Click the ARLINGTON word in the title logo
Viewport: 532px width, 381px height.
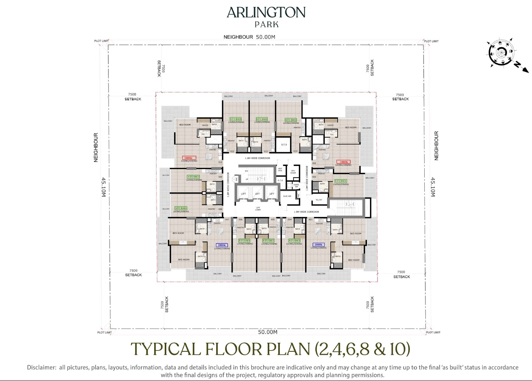pyautogui.click(x=266, y=12)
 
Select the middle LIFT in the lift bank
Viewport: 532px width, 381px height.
pyautogui.click(x=257, y=194)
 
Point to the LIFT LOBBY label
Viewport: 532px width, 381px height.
pyautogui.click(x=258, y=209)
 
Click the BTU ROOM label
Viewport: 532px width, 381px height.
pyautogui.click(x=293, y=172)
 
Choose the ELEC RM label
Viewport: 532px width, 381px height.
pyautogui.click(x=287, y=196)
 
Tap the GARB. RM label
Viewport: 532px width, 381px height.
pyautogui.click(x=296, y=186)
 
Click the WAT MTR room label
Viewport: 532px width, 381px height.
pyautogui.click(x=280, y=170)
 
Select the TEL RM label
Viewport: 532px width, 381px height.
pyautogui.click(x=319, y=200)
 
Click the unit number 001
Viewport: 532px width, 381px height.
pyautogui.click(x=314, y=163)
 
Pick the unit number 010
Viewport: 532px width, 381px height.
pyautogui.click(x=220, y=162)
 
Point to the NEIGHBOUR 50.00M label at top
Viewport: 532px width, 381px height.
pyautogui.click(x=249, y=37)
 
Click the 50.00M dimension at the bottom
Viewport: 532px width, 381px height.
pyautogui.click(x=267, y=332)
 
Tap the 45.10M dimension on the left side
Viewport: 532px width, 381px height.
pyautogui.click(x=104, y=187)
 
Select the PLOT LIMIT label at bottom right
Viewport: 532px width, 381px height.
pyautogui.click(x=433, y=332)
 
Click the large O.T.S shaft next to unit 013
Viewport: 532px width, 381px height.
pyautogui.click(x=284, y=144)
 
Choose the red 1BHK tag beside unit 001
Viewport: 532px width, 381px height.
pyautogui.click(x=343, y=162)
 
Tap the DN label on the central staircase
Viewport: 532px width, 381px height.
pyautogui.click(x=246, y=171)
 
